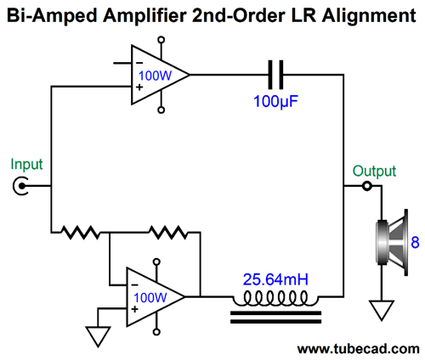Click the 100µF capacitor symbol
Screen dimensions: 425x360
click(275, 75)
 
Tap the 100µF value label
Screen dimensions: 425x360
click(275, 101)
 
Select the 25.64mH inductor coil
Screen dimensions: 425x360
click(275, 299)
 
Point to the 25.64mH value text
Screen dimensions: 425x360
click(275, 279)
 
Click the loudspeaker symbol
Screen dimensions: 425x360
click(392, 242)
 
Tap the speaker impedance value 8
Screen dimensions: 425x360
click(415, 242)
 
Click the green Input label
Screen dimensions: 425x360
click(26, 165)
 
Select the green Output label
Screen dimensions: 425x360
click(374, 171)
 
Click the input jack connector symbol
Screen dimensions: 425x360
click(20, 186)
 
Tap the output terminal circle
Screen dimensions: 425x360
click(367, 186)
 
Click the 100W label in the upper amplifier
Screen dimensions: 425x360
click(155, 76)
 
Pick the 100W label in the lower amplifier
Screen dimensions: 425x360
click(150, 298)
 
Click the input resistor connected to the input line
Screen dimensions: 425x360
click(81, 233)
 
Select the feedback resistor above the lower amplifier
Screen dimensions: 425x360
click(168, 233)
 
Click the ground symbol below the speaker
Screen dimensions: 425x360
click(382, 310)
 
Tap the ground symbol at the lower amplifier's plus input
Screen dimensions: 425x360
click(98, 336)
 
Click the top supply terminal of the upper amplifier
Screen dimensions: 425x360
click(161, 40)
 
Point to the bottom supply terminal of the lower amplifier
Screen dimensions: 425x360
click(156, 332)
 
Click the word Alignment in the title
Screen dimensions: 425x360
click(369, 16)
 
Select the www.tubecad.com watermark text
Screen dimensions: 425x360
click(359, 349)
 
